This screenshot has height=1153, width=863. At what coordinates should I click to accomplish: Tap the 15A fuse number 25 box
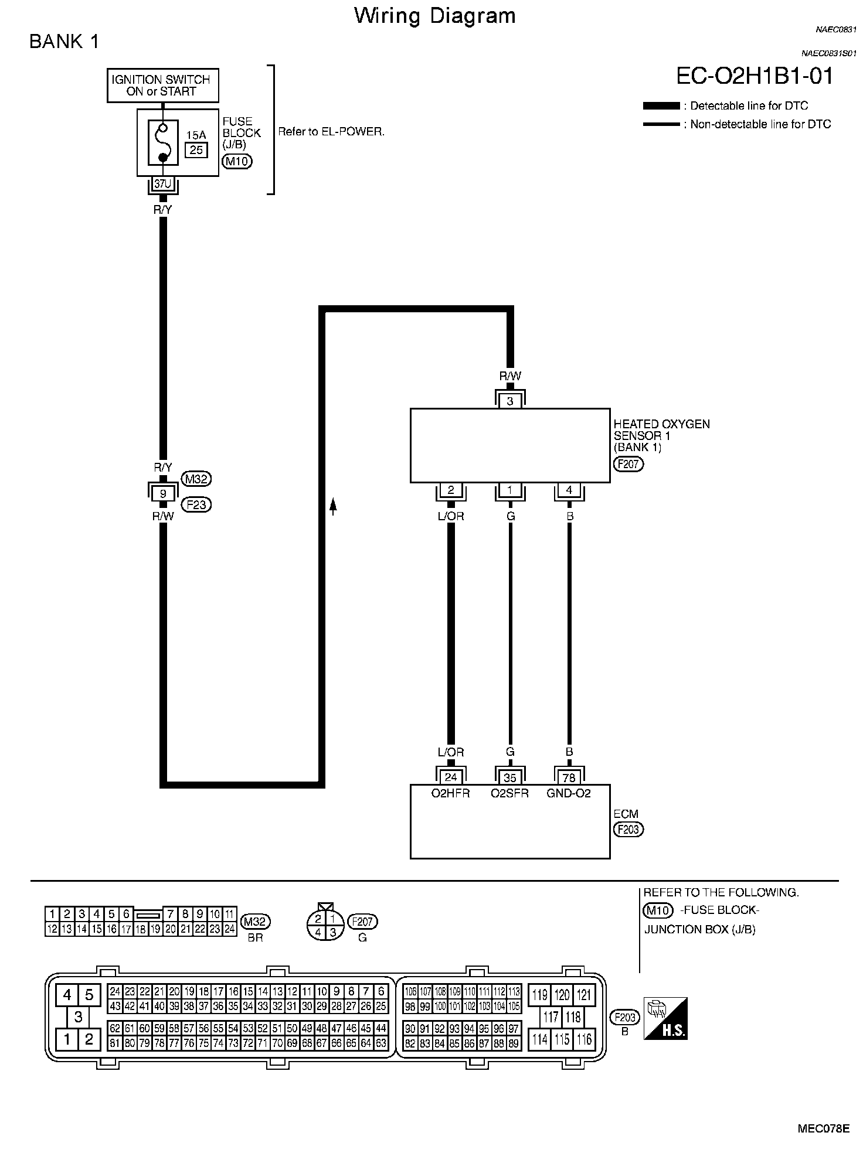196,150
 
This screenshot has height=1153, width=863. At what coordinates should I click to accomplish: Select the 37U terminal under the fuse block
163,183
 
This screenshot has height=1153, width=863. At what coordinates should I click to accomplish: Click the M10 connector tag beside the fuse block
237,162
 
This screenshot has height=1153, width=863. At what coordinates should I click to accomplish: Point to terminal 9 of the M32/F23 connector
163,493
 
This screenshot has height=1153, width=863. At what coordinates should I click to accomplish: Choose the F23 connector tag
196,504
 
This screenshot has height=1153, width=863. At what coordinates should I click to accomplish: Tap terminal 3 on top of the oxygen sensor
510,401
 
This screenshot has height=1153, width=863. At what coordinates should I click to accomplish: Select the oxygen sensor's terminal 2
451,490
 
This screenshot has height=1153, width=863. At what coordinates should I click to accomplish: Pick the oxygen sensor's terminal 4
569,490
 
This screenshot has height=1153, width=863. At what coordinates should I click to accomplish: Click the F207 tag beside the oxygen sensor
628,465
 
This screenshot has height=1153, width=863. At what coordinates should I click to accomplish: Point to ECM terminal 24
451,777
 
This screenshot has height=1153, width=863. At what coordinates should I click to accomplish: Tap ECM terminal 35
510,777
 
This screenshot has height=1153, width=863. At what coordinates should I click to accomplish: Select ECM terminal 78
569,777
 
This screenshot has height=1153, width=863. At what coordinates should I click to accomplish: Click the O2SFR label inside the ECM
509,793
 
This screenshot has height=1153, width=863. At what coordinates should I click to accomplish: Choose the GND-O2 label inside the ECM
569,793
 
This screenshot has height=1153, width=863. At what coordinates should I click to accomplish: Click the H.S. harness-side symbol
665,1018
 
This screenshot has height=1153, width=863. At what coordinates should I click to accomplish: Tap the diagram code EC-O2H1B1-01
755,76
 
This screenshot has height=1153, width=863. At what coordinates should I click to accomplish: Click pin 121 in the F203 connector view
584,994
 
